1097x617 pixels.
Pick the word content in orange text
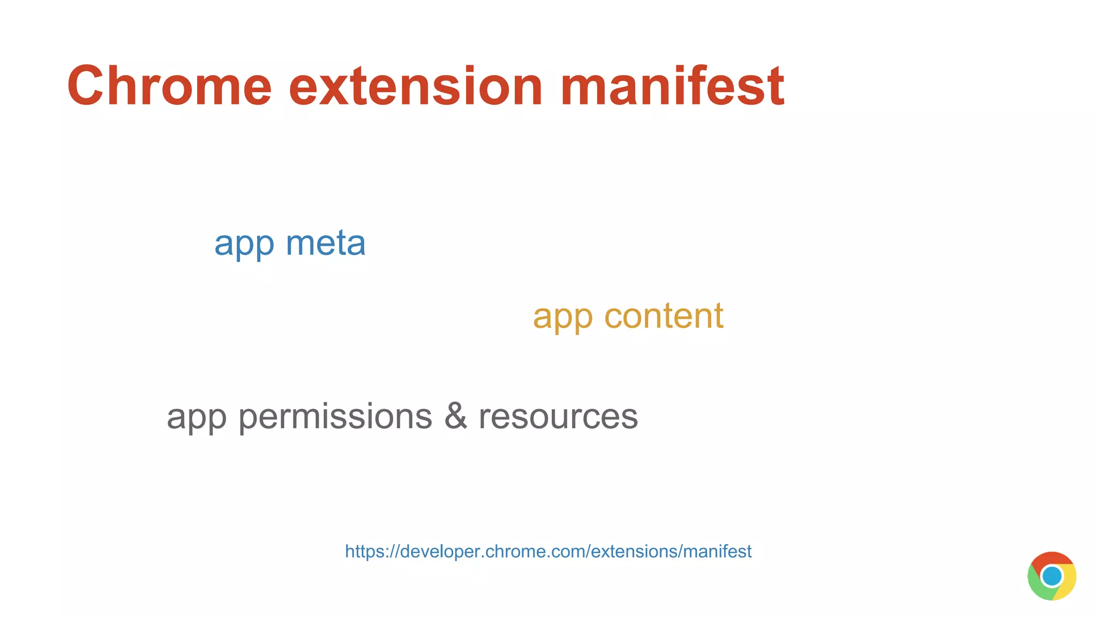coord(664,316)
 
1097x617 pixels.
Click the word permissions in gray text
coord(335,417)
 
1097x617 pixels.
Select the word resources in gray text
coord(558,417)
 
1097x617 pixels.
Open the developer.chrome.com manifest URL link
coord(548,551)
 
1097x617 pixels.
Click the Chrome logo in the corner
coord(1051,576)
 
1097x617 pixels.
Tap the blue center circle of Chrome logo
coord(1051,576)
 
